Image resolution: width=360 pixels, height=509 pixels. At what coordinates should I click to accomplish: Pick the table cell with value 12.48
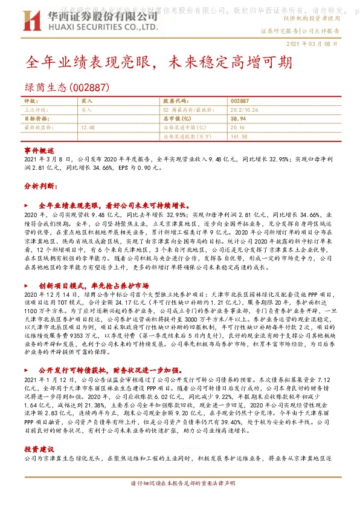(88, 128)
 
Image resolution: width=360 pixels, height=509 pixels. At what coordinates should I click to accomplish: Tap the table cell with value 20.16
(237, 128)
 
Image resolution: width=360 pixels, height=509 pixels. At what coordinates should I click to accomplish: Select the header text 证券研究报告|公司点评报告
(300, 30)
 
